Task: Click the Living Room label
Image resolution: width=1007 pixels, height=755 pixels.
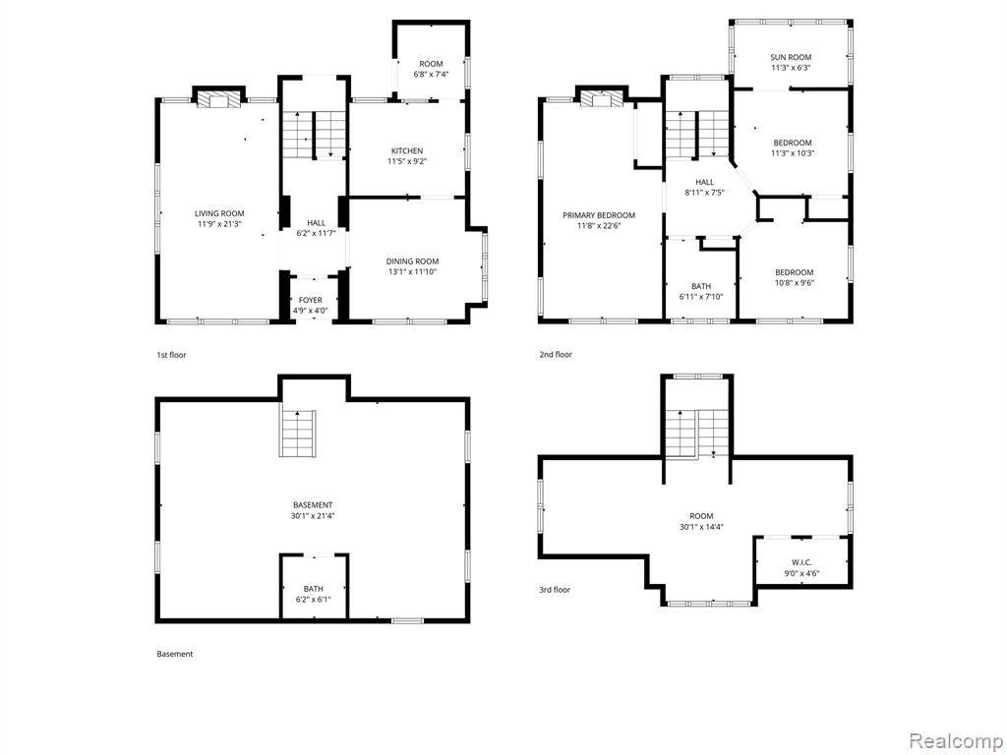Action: (x=219, y=213)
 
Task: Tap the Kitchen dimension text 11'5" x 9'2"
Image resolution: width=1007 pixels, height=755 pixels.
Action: (x=407, y=161)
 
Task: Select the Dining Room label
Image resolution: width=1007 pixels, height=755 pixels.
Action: (x=412, y=261)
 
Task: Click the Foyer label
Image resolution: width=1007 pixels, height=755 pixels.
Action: (x=310, y=300)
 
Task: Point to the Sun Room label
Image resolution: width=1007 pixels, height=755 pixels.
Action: (x=792, y=57)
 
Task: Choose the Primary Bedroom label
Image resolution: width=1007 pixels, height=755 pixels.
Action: (x=599, y=215)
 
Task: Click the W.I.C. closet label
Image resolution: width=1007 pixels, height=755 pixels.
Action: (x=802, y=562)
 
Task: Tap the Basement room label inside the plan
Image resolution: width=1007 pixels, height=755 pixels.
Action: (x=313, y=505)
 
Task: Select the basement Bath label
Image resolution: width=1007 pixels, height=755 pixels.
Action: (x=314, y=589)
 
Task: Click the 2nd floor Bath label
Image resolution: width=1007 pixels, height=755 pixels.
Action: (x=701, y=286)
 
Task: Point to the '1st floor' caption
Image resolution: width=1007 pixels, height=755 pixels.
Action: (x=171, y=354)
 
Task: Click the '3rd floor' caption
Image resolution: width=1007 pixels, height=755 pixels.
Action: (x=555, y=590)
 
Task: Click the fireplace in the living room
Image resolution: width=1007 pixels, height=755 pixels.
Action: (x=218, y=100)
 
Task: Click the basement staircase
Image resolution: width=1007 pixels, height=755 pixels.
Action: (x=298, y=433)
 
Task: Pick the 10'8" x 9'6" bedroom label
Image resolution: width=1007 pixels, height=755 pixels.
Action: (x=794, y=276)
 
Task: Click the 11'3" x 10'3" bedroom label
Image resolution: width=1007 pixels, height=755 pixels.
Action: (x=793, y=147)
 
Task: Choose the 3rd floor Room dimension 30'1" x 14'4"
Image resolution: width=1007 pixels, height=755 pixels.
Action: (x=701, y=527)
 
